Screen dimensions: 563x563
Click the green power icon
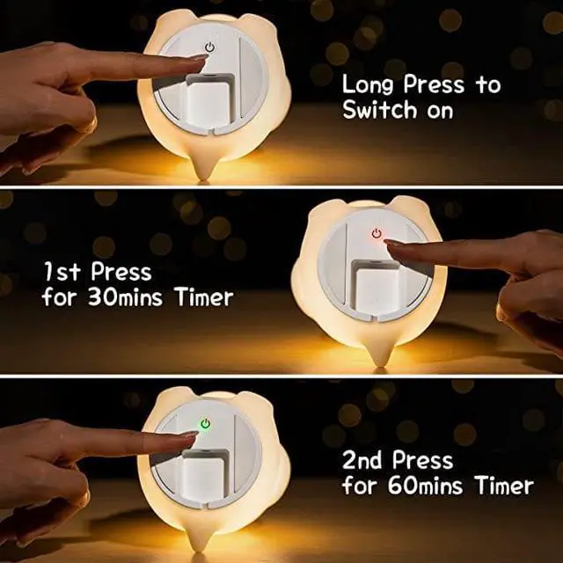tap(204, 424)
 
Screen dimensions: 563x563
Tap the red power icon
tap(377, 233)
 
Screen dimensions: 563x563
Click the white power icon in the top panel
tap(209, 48)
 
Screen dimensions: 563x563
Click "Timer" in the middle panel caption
tap(204, 296)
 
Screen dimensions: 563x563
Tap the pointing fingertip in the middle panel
tap(392, 246)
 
